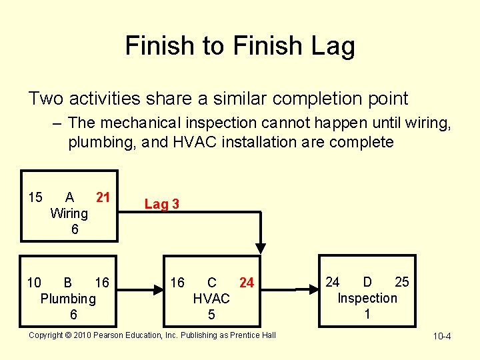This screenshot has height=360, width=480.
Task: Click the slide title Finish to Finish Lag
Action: click(x=240, y=46)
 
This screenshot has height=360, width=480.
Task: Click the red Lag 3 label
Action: click(x=161, y=204)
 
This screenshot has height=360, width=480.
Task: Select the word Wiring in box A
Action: click(x=69, y=213)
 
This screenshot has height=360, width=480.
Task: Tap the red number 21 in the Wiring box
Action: click(x=103, y=197)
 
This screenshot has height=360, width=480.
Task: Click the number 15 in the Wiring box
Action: click(x=35, y=197)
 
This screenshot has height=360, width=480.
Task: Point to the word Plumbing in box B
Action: click(x=68, y=299)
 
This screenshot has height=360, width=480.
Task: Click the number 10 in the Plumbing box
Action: click(x=34, y=283)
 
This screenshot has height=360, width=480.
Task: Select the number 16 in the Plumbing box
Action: click(x=102, y=283)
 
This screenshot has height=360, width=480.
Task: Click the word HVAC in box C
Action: click(x=211, y=299)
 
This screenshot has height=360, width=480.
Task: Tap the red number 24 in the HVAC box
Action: click(x=247, y=283)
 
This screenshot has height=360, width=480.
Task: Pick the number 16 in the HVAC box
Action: click(x=177, y=283)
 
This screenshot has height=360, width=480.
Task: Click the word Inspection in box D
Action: click(x=367, y=298)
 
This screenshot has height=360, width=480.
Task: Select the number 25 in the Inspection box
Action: click(x=402, y=282)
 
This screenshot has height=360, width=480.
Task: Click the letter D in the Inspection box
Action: click(x=367, y=282)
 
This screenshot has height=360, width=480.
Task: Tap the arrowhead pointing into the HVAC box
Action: click(x=160, y=289)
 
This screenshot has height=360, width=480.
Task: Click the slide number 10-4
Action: click(x=442, y=336)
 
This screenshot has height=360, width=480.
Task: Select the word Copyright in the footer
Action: click(x=47, y=335)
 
